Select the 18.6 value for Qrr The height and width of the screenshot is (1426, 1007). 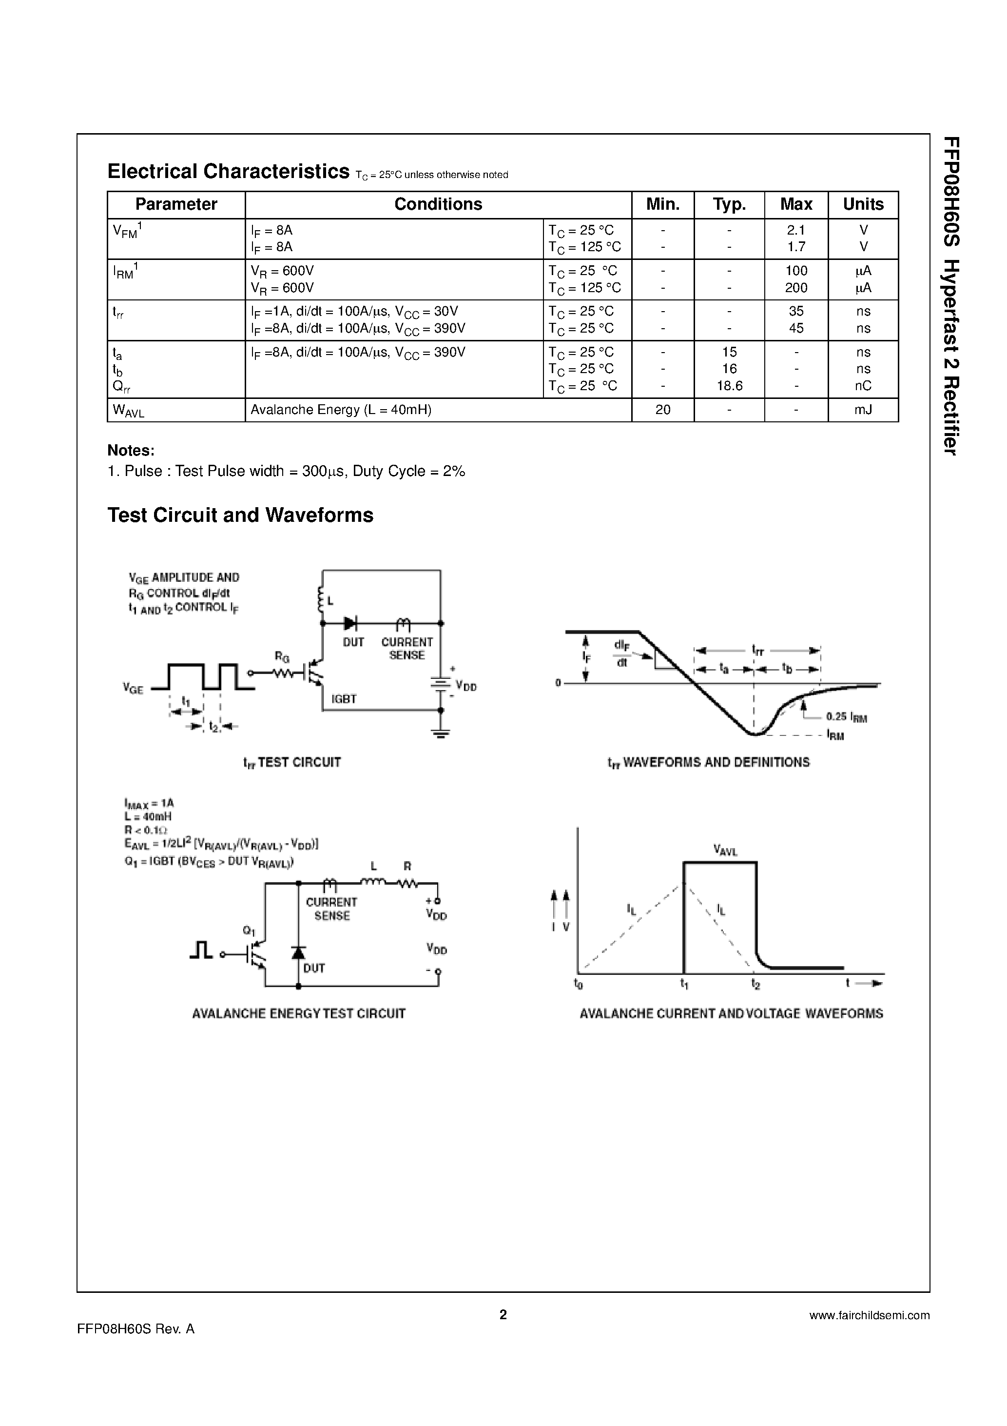tap(730, 386)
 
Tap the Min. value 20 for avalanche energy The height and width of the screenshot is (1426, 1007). tap(662, 410)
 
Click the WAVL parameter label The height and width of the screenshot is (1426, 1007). tap(129, 411)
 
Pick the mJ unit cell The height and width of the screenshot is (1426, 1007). tap(863, 410)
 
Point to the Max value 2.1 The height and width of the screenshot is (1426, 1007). tap(796, 230)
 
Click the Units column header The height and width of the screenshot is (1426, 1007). tap(863, 204)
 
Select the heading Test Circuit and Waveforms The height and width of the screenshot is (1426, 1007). tap(240, 515)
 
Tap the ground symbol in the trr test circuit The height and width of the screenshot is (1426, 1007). tap(441, 733)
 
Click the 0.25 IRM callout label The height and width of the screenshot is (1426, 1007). tap(846, 717)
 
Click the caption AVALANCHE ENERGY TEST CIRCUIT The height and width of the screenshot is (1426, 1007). tap(299, 1013)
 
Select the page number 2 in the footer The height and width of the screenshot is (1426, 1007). tap(503, 1314)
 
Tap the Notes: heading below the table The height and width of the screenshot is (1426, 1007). tap(131, 450)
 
